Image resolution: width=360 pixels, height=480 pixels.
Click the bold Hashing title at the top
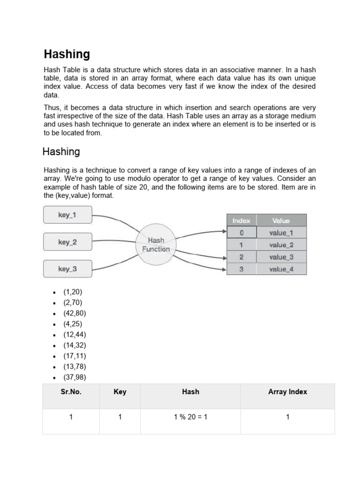(67, 54)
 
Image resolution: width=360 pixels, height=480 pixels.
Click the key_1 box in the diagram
(67, 215)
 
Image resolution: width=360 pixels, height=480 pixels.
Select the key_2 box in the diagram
(67, 242)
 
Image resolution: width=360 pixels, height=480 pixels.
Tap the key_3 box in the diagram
(67, 269)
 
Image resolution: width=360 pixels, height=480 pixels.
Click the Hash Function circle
(156, 245)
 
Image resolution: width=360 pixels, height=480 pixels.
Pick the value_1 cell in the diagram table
(281, 232)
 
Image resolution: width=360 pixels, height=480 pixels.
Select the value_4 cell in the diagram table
(281, 269)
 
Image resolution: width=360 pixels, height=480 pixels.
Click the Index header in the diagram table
(241, 220)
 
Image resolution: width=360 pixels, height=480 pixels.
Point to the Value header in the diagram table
(281, 220)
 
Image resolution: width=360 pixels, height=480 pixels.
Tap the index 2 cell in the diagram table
(241, 257)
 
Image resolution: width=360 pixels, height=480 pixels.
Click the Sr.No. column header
(71, 392)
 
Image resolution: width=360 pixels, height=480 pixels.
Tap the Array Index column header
(287, 392)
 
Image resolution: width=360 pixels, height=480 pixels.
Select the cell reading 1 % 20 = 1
(190, 417)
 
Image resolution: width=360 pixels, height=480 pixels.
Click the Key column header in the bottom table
(120, 392)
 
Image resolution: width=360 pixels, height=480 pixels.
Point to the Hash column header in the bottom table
(190, 392)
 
